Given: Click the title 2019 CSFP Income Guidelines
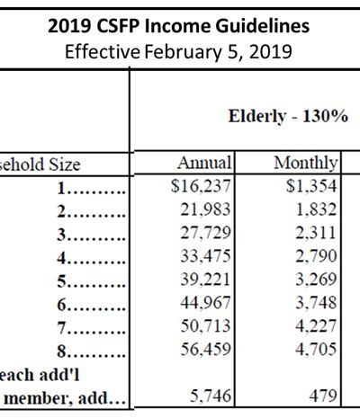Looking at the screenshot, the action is pyautogui.click(x=178, y=26).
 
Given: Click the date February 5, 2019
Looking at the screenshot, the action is pyautogui.click(x=219, y=51).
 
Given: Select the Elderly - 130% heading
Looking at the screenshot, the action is pyautogui.click(x=288, y=116).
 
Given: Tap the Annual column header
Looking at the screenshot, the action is pyautogui.click(x=204, y=163).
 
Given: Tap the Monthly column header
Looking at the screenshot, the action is pyautogui.click(x=306, y=164).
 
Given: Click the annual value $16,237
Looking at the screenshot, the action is pyautogui.click(x=201, y=186).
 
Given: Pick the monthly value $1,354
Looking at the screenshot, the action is pyautogui.click(x=311, y=186).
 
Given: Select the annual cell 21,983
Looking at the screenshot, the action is pyautogui.click(x=205, y=209).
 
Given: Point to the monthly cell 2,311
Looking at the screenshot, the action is pyautogui.click(x=316, y=233).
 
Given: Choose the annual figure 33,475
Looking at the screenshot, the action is pyautogui.click(x=205, y=256).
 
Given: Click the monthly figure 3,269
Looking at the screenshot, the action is pyautogui.click(x=316, y=280).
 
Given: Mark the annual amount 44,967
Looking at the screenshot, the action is pyautogui.click(x=205, y=303).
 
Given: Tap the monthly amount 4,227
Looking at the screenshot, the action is pyautogui.click(x=316, y=326).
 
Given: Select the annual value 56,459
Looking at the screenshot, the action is pyautogui.click(x=205, y=350).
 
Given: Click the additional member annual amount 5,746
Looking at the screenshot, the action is pyautogui.click(x=211, y=396).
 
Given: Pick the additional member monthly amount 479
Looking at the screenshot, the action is pyautogui.click(x=323, y=396).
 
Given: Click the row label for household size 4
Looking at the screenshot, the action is pyautogui.click(x=91, y=258).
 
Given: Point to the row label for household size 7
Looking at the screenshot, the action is pyautogui.click(x=91, y=328).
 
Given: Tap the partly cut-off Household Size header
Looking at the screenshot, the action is pyautogui.click(x=40, y=165).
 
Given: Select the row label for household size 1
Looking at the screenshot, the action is pyautogui.click(x=91, y=188).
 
